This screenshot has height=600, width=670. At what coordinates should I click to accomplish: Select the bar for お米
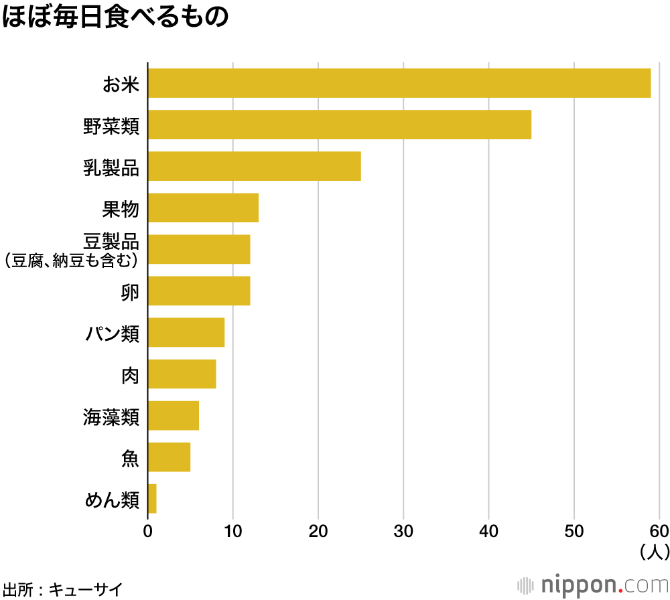click(399, 83)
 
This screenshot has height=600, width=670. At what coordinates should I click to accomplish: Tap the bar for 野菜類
click(339, 125)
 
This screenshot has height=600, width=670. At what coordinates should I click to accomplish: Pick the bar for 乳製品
click(254, 166)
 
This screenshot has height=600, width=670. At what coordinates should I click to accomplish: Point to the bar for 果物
click(203, 208)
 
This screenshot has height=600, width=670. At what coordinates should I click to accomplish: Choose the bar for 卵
click(198, 291)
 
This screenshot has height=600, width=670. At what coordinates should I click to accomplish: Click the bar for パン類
click(186, 332)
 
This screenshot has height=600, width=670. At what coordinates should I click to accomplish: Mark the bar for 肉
click(182, 374)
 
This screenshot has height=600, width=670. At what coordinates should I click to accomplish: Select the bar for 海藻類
click(173, 415)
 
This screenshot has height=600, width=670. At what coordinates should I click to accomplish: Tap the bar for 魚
click(169, 457)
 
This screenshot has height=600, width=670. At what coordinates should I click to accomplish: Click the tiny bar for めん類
click(152, 499)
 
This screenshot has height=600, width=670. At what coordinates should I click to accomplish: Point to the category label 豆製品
click(111, 241)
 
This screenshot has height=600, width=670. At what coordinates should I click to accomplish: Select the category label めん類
click(112, 500)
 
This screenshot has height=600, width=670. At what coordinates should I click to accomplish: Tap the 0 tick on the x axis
click(147, 532)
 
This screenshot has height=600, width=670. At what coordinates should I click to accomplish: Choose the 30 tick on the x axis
click(403, 532)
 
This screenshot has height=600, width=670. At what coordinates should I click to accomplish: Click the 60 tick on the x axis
click(659, 532)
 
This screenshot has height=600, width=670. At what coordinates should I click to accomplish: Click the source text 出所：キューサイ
click(62, 589)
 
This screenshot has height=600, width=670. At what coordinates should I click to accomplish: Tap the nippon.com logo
click(594, 585)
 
